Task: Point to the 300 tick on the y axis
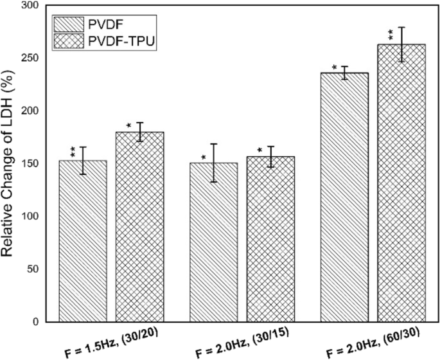pos(29,5)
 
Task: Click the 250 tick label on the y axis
pos(29,58)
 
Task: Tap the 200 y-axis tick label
pos(29,111)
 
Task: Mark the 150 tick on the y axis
pos(29,163)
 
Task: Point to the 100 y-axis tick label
pos(29,216)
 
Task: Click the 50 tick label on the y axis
pos(31,269)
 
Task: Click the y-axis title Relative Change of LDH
pos(9,164)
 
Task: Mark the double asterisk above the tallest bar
pos(390,33)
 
